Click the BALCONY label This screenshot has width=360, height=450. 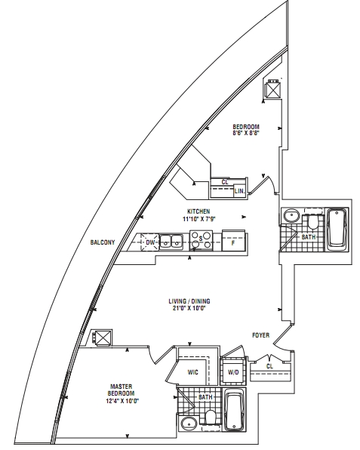coord(103,242)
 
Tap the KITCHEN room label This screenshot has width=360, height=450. coord(198,211)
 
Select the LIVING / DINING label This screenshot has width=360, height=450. coord(189,301)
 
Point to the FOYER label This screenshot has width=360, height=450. coord(260,335)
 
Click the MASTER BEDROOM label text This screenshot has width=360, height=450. coord(122,390)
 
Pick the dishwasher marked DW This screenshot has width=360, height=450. coord(149,242)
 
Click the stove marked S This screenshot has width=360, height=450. coord(201,239)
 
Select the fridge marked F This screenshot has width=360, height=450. coord(233,241)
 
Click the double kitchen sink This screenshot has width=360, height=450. coord(171,242)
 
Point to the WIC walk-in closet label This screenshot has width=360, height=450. coord(192,372)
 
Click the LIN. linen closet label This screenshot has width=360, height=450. coord(239,191)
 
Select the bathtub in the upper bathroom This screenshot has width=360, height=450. coord(337,230)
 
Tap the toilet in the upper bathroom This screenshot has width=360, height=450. coord(313,221)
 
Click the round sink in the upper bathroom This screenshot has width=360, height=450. coord(292,215)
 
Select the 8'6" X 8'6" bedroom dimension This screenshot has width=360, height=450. coord(246,133)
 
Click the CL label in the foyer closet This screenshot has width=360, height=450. coord(269,366)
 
